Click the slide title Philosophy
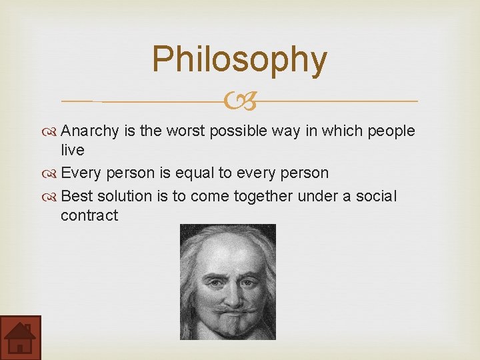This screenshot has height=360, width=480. click(x=239, y=59)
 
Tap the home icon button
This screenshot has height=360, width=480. click(x=20, y=337)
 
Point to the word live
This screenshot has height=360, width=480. click(x=72, y=151)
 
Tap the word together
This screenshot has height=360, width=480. click(x=268, y=196)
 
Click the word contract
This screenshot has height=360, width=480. click(x=89, y=215)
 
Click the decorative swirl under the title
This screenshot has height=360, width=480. click(x=239, y=102)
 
